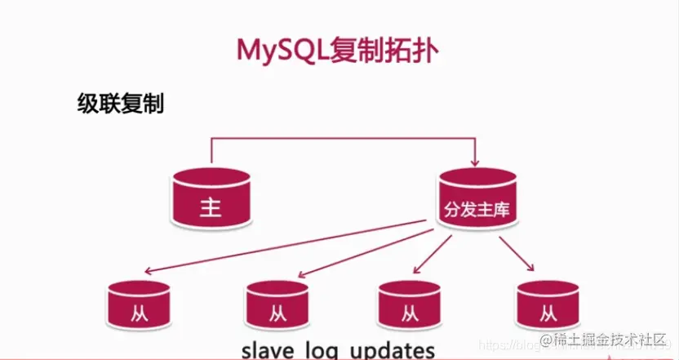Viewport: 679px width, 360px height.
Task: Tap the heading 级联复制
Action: pyautogui.click(x=120, y=104)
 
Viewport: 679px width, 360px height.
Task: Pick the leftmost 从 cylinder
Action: pyautogui.click(x=140, y=307)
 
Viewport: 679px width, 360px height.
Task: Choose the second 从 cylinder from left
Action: pyautogui.click(x=277, y=307)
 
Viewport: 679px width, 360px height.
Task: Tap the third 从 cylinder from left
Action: pyautogui.click(x=409, y=307)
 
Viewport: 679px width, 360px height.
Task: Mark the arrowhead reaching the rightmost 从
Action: pyautogui.click(x=531, y=268)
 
